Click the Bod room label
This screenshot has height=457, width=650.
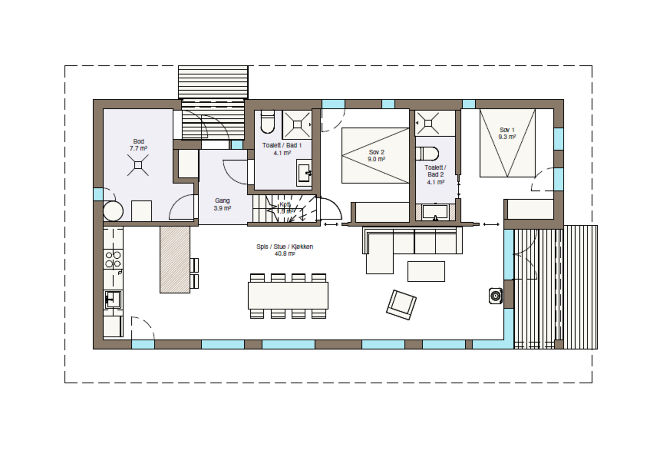click(x=138, y=145)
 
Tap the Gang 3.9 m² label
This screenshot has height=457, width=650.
click(x=222, y=204)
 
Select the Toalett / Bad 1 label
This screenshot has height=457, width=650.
click(x=282, y=149)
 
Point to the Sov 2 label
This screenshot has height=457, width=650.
click(x=376, y=155)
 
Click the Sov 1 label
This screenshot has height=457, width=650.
click(x=507, y=133)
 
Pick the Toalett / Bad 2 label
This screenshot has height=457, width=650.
click(x=435, y=174)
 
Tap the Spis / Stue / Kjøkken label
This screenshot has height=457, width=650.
click(x=284, y=250)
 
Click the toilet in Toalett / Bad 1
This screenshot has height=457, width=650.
click(x=267, y=122)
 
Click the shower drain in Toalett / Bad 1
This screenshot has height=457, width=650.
click(x=297, y=124)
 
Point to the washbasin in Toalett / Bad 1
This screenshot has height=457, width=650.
click(x=304, y=173)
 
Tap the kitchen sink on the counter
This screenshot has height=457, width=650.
click(x=112, y=300)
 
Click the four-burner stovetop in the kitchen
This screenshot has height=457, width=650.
click(x=113, y=259)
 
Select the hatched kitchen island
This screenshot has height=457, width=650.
click(x=175, y=259)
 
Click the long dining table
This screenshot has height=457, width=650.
click(x=288, y=295)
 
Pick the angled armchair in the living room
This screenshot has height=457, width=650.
click(x=401, y=304)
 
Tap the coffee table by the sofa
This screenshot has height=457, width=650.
click(x=426, y=271)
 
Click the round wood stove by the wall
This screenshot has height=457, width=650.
click(x=496, y=296)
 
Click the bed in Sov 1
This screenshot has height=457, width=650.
click(x=507, y=143)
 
